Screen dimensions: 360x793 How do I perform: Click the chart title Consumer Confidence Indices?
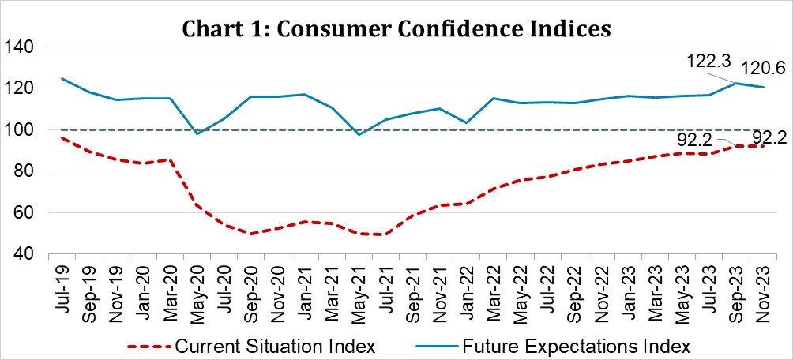pyautogui.click(x=396, y=29)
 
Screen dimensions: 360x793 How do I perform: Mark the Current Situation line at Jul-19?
pyautogui.click(x=62, y=137)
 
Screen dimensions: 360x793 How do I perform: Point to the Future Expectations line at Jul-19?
pyautogui.click(x=62, y=78)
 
